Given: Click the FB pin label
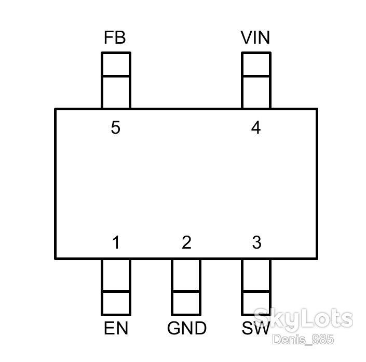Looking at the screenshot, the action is coord(115,37).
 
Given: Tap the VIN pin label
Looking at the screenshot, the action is coord(255,37).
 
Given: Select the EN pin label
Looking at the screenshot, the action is coord(116,328).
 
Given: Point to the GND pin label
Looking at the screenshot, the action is coord(187,328).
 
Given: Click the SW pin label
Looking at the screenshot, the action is coord(256,328).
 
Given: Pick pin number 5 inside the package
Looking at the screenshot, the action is coord(116,127).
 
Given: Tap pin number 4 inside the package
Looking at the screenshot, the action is coord(256,127).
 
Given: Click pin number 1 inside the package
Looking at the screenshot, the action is coord(116,242).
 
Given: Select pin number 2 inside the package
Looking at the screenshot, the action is coord(186,242).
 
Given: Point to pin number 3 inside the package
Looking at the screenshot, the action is coord(257,242).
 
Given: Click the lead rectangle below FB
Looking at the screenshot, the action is coord(116,80).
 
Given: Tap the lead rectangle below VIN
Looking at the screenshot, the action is coord(256,80).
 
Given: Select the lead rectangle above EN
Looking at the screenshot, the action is coord(116,287).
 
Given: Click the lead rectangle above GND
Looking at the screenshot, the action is coord(186,287).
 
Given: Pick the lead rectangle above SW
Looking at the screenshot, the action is coord(256,287).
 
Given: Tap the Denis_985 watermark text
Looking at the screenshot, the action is coord(303,340).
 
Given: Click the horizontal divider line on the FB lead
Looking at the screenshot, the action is coord(116,76).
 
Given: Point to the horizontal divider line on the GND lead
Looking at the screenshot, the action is coord(186,292).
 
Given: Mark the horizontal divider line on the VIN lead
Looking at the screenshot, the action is coord(256,76).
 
